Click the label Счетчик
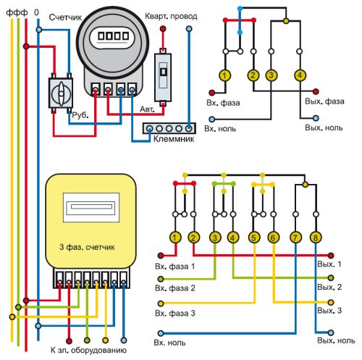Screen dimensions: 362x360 click(x=65, y=17)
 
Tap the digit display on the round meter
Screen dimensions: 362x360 click(x=113, y=36)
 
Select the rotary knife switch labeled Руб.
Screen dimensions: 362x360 click(x=61, y=93)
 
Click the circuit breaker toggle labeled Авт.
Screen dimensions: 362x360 click(x=163, y=77)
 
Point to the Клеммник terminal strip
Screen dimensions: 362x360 click(x=169, y=128)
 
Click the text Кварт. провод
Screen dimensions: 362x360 click(x=171, y=17)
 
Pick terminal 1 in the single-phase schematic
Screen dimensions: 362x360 click(x=225, y=75)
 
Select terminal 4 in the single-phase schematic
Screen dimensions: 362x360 click(x=300, y=75)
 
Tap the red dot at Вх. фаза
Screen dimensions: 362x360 click(x=211, y=93)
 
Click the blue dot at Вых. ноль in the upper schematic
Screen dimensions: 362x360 click(x=316, y=118)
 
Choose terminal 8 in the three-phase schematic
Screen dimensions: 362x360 click(x=316, y=238)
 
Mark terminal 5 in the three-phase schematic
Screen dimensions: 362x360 click(x=254, y=238)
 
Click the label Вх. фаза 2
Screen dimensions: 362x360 click(x=175, y=288)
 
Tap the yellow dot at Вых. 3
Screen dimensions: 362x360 click(x=331, y=302)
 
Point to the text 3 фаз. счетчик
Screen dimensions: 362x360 click(x=87, y=247)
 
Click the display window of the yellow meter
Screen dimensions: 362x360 click(x=91, y=207)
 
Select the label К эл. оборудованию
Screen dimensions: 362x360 click(x=88, y=350)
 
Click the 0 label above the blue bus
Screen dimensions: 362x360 click(x=36, y=12)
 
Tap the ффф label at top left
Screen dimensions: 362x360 click(x=17, y=12)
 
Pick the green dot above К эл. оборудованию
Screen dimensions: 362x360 click(x=87, y=340)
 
